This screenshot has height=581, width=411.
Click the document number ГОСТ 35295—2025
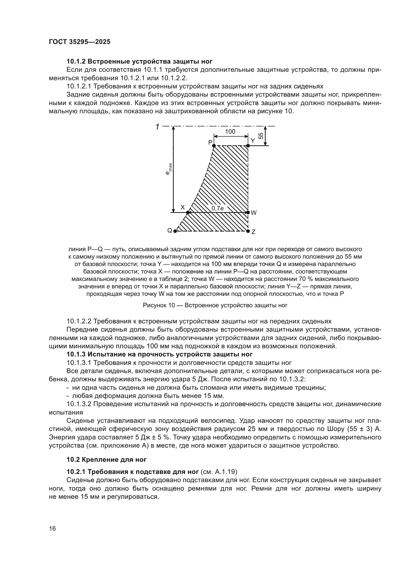point(80,42)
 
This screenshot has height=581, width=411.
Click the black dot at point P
point(214,146)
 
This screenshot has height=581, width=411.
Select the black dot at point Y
point(248,146)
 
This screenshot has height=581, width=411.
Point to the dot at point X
point(188,212)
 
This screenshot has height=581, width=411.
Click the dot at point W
point(248,212)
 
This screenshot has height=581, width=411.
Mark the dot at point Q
point(175,231)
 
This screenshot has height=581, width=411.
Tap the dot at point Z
point(248,231)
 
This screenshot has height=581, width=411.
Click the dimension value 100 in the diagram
point(230,132)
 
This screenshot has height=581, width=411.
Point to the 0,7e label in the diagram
point(217,208)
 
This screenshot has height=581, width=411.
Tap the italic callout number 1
point(157,126)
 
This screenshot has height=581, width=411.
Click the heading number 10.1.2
point(76,62)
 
